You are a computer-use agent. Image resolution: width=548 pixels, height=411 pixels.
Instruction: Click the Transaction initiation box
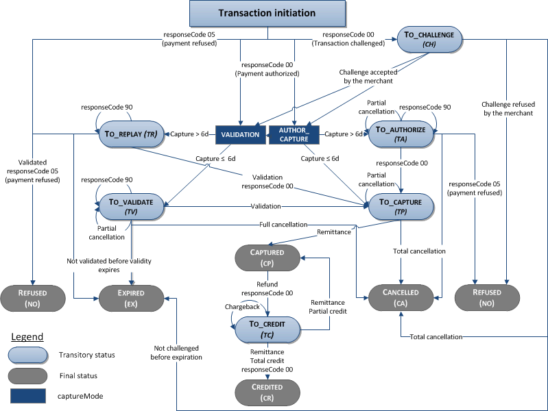267,14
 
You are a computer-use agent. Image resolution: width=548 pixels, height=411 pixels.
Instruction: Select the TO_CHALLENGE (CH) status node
429,39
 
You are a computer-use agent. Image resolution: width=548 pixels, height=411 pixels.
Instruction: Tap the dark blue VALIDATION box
240,135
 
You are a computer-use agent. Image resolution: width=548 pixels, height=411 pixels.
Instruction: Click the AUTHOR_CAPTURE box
294,134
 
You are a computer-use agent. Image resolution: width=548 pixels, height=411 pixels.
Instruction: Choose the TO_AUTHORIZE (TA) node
401,134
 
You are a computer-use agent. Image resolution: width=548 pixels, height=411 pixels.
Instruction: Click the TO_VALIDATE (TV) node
132,206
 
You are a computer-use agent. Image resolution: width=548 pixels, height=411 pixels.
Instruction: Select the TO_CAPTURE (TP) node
401,206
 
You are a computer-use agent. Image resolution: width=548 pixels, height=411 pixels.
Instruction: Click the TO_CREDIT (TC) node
267,328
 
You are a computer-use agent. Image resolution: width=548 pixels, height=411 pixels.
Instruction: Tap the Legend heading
27,337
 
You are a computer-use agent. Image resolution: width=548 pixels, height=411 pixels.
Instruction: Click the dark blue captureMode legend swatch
27,395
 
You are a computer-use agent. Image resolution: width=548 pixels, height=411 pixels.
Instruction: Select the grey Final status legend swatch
27,375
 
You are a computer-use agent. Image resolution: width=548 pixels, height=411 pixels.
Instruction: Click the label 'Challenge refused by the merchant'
507,108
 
